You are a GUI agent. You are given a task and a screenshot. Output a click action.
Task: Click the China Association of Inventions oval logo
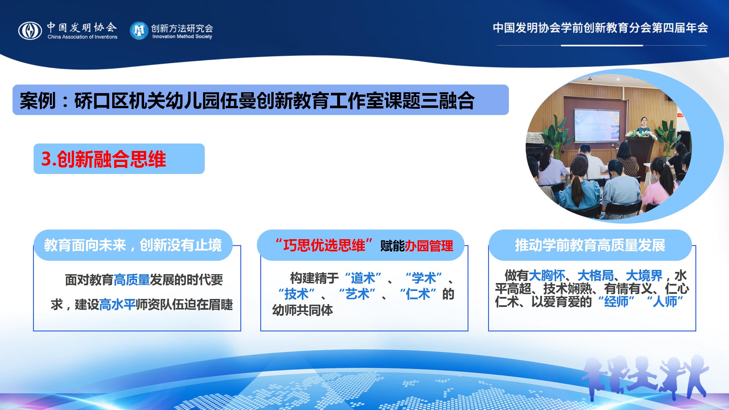tap(30, 31)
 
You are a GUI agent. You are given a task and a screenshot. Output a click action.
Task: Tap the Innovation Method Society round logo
tap(139, 30)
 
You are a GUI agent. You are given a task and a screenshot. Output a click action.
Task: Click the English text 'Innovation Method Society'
tap(182, 36)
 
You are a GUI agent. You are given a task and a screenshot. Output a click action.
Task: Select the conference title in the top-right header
tap(601, 28)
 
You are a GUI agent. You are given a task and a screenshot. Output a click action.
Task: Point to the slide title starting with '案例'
tap(247, 100)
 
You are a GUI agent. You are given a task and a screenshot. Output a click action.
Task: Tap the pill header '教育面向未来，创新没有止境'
tap(133, 245)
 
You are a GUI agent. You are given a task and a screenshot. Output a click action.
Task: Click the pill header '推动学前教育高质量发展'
tap(590, 245)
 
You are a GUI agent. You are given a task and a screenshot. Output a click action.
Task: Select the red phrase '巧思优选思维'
tap(324, 245)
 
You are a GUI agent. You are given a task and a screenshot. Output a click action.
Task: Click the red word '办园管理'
tap(429, 246)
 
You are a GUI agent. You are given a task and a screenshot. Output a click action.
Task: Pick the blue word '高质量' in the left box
tap(132, 280)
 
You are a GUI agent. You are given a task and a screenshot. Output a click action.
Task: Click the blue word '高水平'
tap(117, 305)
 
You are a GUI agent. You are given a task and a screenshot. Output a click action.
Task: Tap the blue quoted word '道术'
tap(363, 278)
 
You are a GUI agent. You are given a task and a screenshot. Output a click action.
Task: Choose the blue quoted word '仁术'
tap(418, 294)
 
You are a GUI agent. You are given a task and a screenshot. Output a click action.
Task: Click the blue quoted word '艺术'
tap(358, 294)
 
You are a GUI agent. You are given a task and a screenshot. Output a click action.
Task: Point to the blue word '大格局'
tap(595, 276)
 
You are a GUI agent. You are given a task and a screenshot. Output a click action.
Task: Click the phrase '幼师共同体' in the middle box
tap(303, 310)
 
